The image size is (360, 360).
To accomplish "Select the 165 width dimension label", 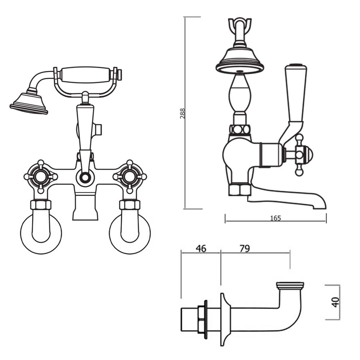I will pos(275,218).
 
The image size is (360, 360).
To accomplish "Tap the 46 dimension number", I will pos(201,249).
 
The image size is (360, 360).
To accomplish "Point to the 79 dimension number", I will pos(244,249).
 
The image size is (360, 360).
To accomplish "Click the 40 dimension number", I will pos(336,302).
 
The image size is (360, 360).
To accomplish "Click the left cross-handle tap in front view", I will pos(40,176).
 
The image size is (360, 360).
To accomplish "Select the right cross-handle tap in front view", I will pos(130,176).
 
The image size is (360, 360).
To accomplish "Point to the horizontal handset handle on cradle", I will pos(85,75).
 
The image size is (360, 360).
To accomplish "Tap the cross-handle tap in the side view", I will pos(299,155).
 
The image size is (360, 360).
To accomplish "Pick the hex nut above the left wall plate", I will pos(41,205).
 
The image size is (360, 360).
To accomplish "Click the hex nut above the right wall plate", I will pos(130,205).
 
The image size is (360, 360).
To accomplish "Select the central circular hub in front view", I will pos(85,177).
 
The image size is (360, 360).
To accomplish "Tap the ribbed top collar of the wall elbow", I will pos(290,285).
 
